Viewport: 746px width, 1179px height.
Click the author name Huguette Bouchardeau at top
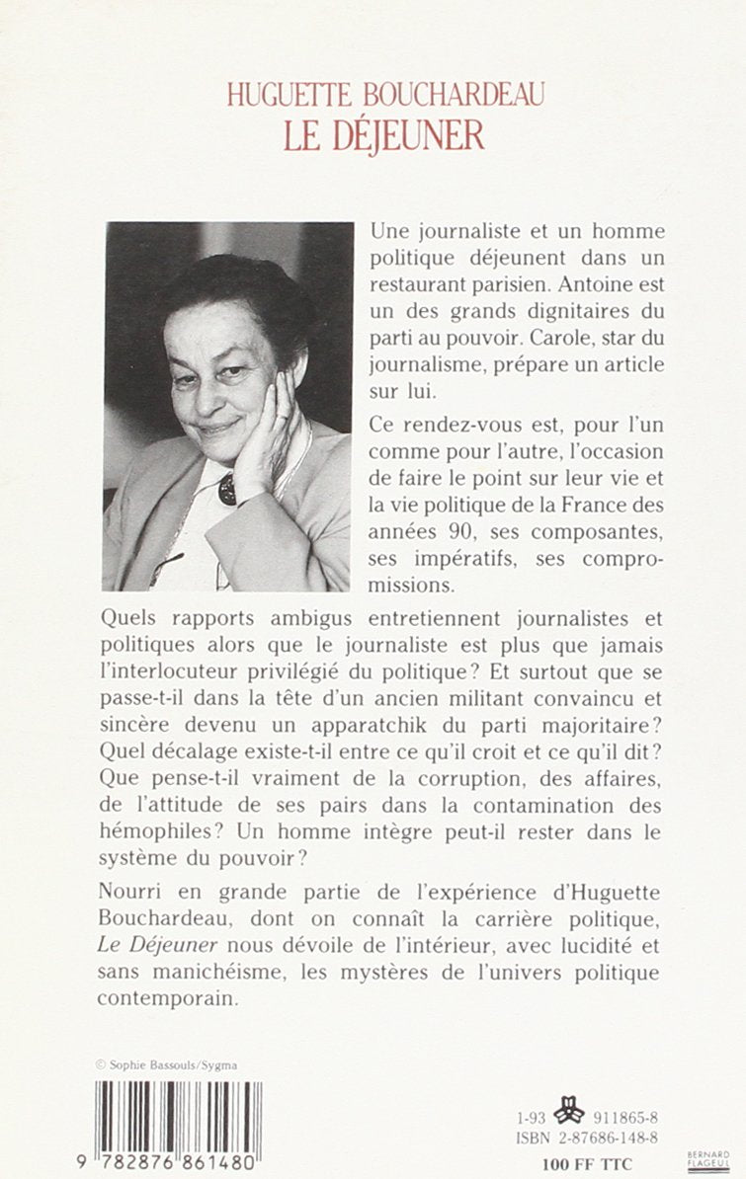[x=384, y=94]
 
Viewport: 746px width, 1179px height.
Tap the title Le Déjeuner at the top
[x=384, y=135]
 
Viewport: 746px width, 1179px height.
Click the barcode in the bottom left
[x=179, y=1115]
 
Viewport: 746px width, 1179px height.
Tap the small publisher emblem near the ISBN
[x=569, y=1114]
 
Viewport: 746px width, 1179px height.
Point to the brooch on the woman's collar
[x=228, y=487]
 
